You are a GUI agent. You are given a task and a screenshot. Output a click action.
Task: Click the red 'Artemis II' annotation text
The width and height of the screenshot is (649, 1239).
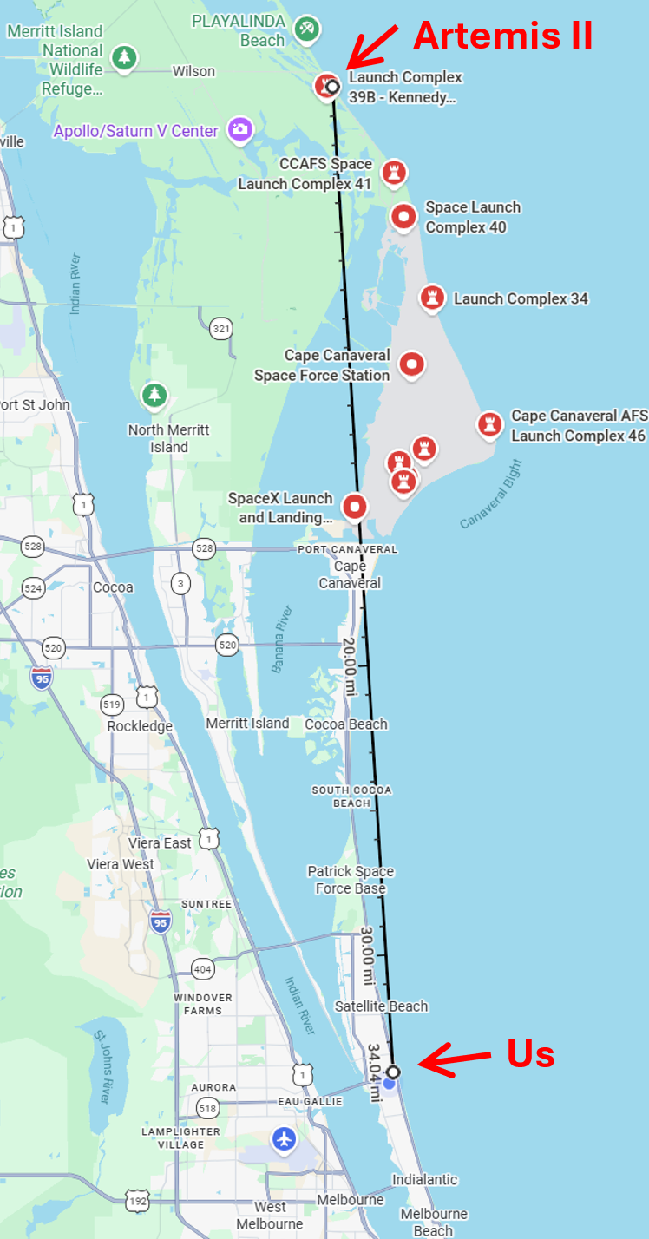pyautogui.click(x=503, y=36)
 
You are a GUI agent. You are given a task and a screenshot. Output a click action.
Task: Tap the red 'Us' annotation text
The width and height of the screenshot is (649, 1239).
pyautogui.click(x=530, y=1053)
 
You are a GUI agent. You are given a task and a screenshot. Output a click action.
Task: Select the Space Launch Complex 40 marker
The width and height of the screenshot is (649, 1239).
pyautogui.click(x=403, y=217)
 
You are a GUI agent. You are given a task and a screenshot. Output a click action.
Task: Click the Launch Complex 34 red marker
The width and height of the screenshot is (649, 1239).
pyautogui.click(x=432, y=298)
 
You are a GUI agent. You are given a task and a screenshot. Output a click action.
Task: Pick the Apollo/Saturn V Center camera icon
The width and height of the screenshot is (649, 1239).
pyautogui.click(x=239, y=130)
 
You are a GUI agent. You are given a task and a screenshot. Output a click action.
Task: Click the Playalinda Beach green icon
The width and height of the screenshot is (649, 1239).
pyautogui.click(x=305, y=28)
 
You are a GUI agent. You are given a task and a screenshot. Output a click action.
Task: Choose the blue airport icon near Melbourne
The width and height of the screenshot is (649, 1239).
pyautogui.click(x=284, y=1139)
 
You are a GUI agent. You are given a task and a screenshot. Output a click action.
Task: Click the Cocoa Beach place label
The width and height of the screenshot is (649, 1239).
pyautogui.click(x=346, y=724)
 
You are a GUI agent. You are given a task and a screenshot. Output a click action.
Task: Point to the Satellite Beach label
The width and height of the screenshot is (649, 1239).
pyautogui.click(x=382, y=1006)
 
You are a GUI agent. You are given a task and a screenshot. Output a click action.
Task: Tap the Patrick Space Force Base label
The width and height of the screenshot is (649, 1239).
pyautogui.click(x=351, y=879)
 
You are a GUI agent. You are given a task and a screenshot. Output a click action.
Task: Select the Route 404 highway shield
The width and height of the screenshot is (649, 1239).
pyautogui.click(x=202, y=968)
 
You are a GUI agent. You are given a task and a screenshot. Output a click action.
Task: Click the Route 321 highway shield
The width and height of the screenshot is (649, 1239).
pyautogui.click(x=221, y=328)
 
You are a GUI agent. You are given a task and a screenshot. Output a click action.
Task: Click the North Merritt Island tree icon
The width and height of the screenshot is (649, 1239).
pyautogui.click(x=154, y=396)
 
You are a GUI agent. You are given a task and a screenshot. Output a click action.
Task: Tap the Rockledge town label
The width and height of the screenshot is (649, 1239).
pyautogui.click(x=140, y=726)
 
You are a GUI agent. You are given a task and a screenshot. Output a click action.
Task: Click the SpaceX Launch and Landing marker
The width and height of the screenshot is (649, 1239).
pyautogui.click(x=354, y=506)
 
